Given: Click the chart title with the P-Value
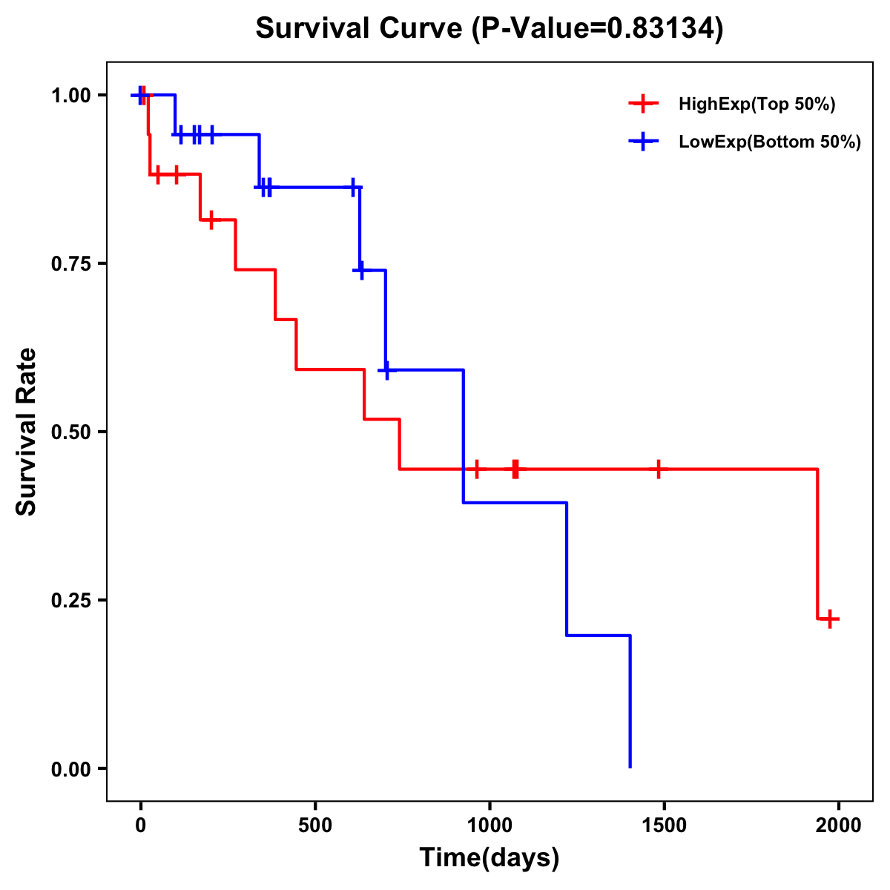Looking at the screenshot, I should (489, 29).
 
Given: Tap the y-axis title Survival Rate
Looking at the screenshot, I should (27, 431).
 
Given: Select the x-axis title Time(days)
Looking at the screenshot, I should (489, 858).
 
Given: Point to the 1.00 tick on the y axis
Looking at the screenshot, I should (70, 96).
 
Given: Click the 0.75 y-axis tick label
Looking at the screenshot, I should (70, 264).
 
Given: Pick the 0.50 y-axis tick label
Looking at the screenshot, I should (70, 432).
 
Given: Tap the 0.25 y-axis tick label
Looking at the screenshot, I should (70, 601).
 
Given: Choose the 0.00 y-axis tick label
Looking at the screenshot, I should (70, 769).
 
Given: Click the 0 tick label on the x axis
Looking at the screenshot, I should (140, 825).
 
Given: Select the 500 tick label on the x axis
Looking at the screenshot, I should (315, 825).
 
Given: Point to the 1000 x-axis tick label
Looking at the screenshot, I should (489, 825).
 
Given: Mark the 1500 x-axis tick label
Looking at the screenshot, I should (664, 825).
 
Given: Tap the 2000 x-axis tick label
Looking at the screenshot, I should (839, 825).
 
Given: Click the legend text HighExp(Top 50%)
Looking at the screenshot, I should (757, 105).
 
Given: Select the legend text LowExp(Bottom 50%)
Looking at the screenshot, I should (770, 142).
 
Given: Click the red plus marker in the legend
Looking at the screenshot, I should (644, 104).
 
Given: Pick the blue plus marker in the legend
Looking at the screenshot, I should (644, 142).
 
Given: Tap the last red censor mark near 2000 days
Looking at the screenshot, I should (830, 619).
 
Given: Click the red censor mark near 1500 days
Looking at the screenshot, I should (658, 469).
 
